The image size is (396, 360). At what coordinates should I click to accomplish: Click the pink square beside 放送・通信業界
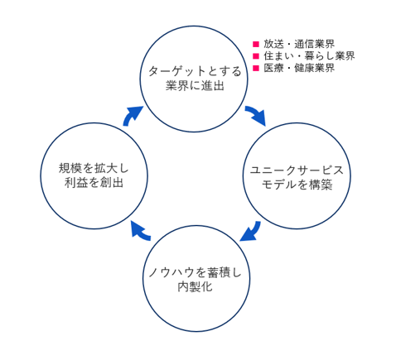[x=256, y=44]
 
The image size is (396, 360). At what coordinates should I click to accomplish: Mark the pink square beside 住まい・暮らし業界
[x=256, y=56]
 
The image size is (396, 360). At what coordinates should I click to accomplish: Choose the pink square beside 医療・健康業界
[x=256, y=68]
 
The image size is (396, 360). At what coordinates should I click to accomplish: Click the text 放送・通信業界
[x=299, y=44]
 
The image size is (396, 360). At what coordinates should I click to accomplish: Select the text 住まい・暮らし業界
[x=309, y=56]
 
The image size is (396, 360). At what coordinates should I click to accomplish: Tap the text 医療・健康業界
[x=299, y=68]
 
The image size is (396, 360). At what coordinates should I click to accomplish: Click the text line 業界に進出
[x=195, y=86]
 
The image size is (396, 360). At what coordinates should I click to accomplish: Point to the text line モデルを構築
[x=297, y=185]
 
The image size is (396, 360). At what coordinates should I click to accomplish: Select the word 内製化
[x=195, y=287]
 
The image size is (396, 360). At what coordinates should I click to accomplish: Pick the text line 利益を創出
[x=94, y=183]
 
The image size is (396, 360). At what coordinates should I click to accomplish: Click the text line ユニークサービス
[x=297, y=170]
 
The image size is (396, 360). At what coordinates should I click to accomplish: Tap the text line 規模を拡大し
[x=94, y=168]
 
